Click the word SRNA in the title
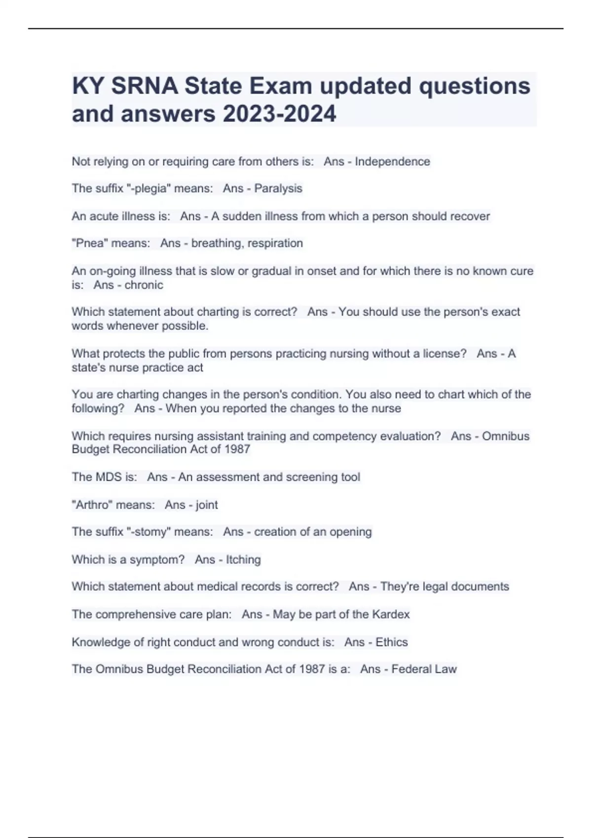[144, 86]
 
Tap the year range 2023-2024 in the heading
[279, 114]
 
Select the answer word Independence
[392, 162]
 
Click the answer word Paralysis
[278, 188]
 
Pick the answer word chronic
[144, 285]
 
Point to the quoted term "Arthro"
[92, 505]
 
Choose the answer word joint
[207, 505]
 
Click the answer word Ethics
[392, 642]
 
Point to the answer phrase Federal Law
[424, 669]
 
